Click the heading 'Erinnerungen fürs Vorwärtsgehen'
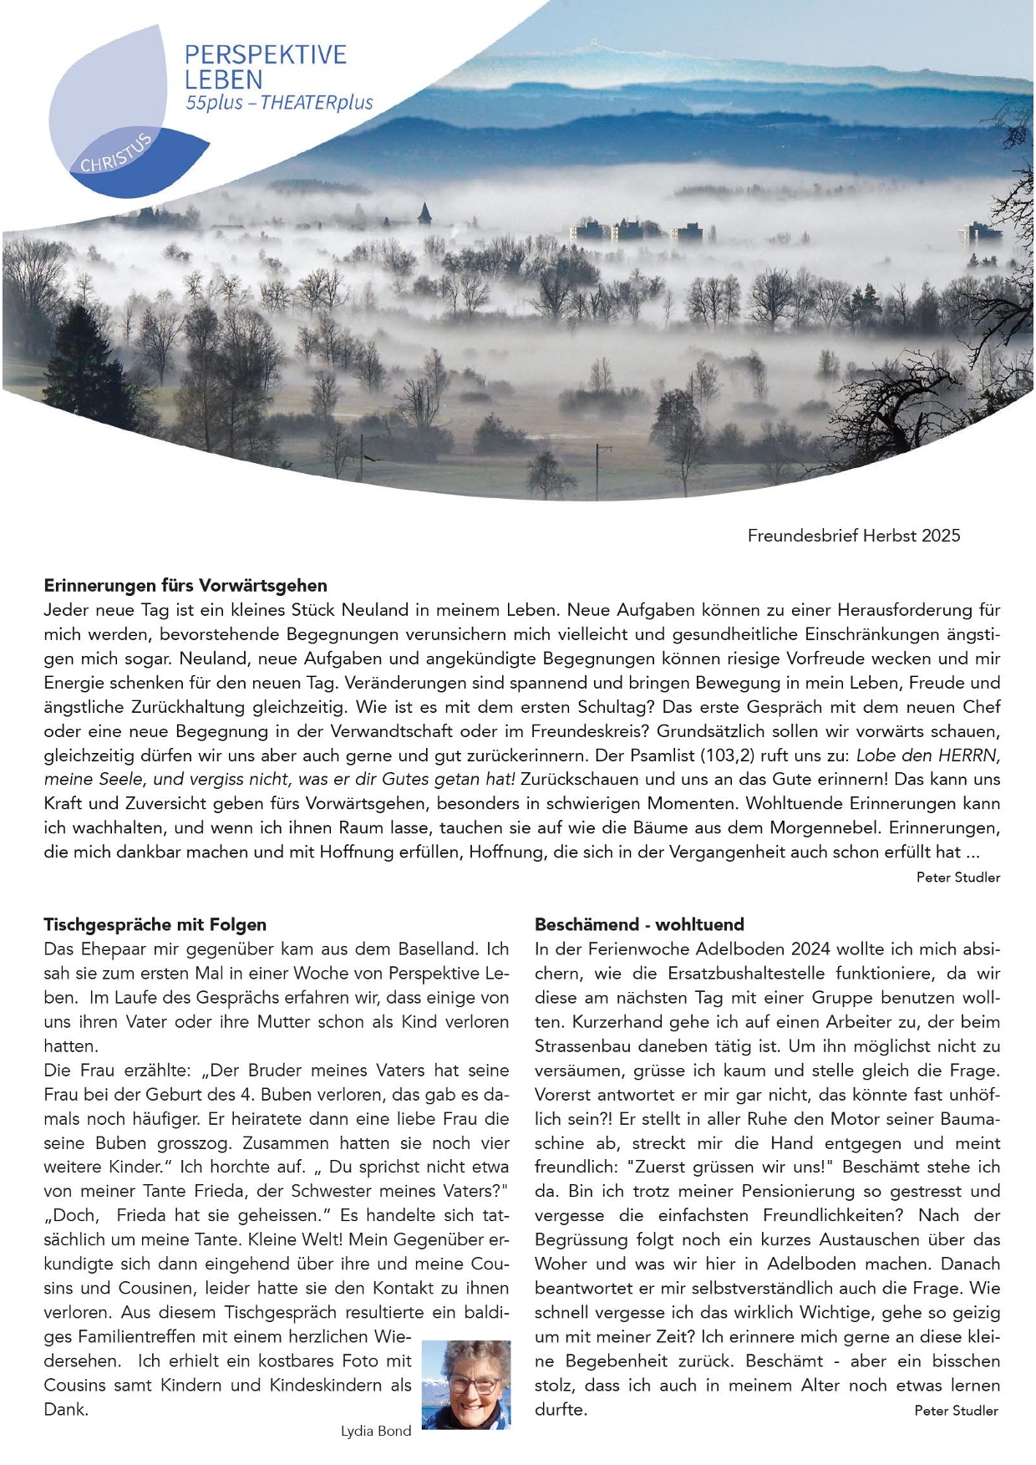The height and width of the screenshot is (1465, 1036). click(185, 585)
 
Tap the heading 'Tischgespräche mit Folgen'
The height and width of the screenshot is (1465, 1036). click(155, 924)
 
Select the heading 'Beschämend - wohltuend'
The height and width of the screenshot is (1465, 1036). click(639, 924)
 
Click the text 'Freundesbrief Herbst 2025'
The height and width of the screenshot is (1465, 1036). click(854, 536)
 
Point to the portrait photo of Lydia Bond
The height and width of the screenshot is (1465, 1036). click(466, 1384)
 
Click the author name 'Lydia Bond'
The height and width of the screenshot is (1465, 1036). click(376, 1431)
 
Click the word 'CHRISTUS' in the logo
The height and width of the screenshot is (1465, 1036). click(116, 153)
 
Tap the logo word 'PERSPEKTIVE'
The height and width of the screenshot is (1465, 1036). click(265, 55)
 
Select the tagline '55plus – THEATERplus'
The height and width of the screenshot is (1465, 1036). click(279, 104)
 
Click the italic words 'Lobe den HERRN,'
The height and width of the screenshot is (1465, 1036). click(927, 755)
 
